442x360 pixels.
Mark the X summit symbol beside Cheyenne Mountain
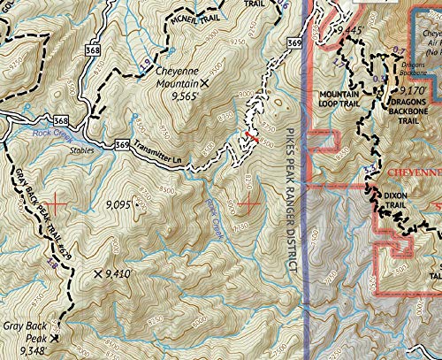pyautogui.click(x=205, y=83)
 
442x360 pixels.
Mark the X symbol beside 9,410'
pyautogui.click(x=97, y=275)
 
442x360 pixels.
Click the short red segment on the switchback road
pyautogui.click(x=251, y=136)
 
